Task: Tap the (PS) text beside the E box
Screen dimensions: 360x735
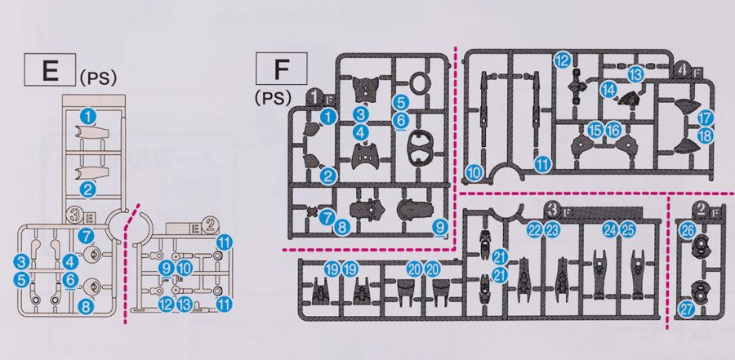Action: click(100, 78)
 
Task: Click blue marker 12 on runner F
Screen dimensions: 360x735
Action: click(562, 60)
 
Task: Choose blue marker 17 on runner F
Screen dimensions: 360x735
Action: click(706, 118)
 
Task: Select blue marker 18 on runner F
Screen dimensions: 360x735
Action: click(706, 136)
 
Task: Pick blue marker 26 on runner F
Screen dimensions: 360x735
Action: click(688, 230)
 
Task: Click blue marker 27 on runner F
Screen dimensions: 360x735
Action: click(687, 309)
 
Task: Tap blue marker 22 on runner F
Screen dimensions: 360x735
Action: click(535, 229)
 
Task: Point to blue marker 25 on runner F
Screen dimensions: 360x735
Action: click(626, 229)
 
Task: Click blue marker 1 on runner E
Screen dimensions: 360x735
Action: click(87, 117)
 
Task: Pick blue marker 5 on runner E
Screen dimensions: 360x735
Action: click(22, 280)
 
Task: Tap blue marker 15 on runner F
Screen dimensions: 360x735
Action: click(595, 130)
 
